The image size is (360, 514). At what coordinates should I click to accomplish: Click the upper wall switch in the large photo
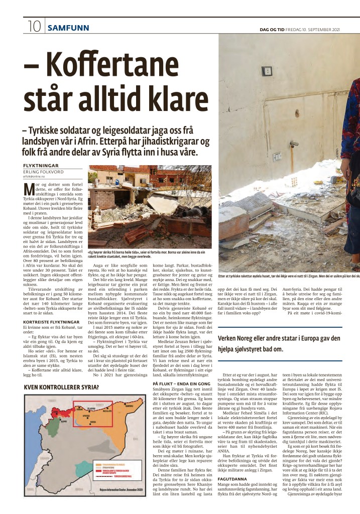(267, 71)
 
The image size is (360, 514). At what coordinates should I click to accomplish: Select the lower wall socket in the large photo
(277, 157)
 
